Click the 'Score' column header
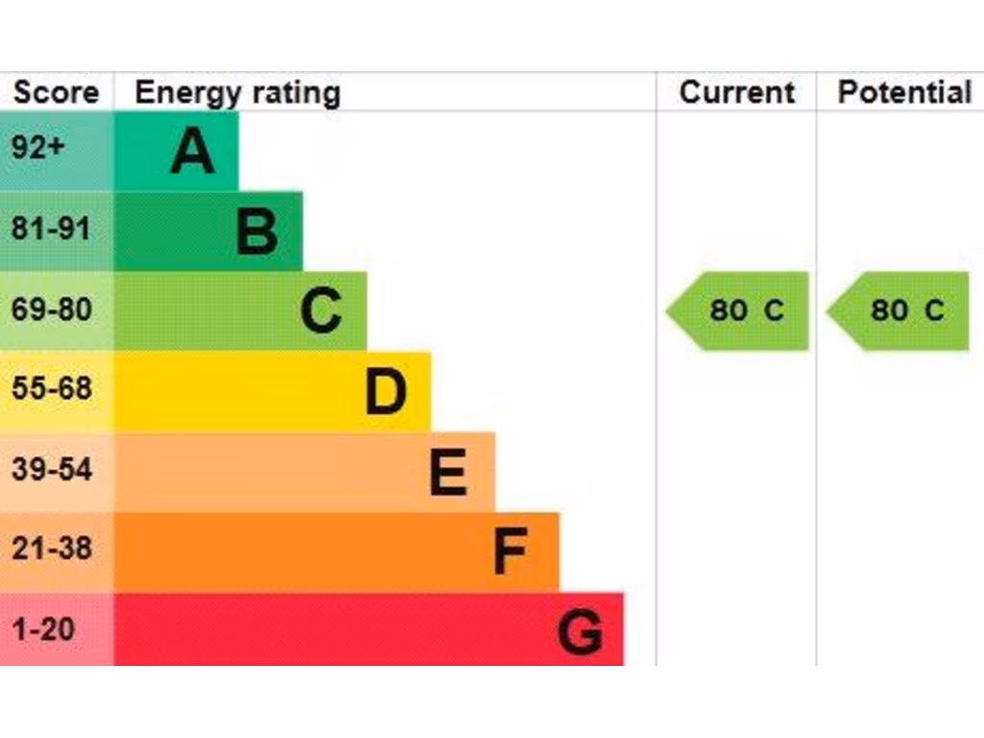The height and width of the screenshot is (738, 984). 56,93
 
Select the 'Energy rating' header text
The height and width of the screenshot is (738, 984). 237,93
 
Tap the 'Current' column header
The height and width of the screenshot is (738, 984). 737,93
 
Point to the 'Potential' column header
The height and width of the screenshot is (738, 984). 904,93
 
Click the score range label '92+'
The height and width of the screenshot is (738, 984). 38,150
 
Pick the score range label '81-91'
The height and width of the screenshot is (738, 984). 51,230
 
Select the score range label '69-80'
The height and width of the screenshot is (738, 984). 52,310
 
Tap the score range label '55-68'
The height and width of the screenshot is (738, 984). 52,389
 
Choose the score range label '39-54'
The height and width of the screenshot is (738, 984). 52,470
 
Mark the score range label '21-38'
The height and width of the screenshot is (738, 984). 52,550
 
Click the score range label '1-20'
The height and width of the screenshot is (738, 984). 43,630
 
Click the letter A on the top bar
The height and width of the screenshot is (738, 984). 192,151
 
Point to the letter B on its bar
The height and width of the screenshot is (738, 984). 257,232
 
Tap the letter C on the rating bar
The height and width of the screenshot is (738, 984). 321,311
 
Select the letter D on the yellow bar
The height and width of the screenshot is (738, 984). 385,392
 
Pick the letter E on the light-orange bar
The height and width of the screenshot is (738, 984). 449,473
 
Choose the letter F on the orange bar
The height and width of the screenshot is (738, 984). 510,553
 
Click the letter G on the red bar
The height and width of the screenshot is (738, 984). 580,632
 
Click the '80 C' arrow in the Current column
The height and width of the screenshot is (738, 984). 740,310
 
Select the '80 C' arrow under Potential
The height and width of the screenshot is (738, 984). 900,310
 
